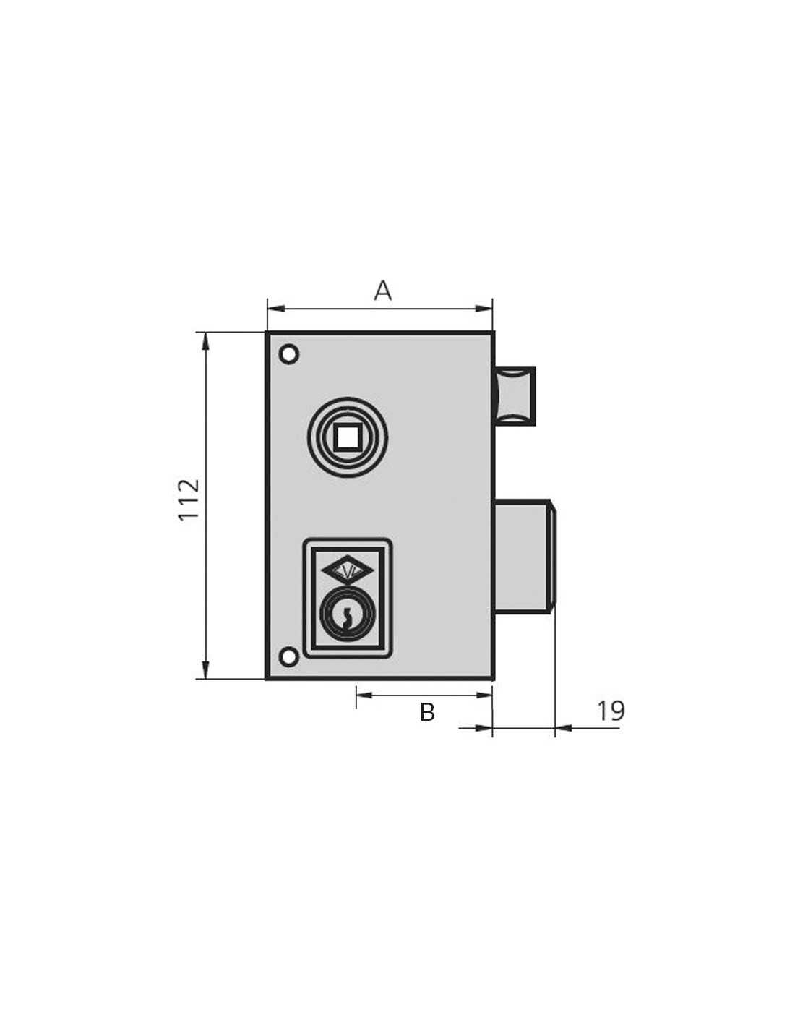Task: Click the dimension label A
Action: click(382, 291)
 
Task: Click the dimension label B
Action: click(427, 711)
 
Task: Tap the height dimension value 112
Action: click(189, 500)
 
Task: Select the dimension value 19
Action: click(611, 711)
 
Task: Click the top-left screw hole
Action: click(289, 354)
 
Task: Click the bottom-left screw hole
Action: click(289, 657)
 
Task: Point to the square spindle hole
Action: click(348, 437)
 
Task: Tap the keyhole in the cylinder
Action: click(348, 617)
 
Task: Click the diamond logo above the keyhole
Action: click(348, 573)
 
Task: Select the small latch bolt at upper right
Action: click(515, 395)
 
